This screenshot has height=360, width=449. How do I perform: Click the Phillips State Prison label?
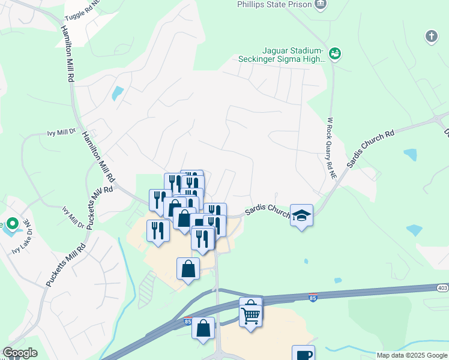[274, 5]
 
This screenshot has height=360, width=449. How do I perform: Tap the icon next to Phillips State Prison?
[321, 4]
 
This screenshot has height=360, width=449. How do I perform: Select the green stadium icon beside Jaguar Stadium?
[336, 54]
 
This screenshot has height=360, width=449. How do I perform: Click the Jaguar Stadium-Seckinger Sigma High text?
[282, 55]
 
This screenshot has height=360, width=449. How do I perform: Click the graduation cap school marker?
[301, 215]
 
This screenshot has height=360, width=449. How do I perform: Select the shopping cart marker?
[251, 313]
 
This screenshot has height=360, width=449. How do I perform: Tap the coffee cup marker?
[303, 353]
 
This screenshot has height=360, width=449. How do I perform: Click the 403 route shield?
[442, 288]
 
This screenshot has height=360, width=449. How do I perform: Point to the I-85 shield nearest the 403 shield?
[312, 297]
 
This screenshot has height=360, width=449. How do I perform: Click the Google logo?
[19, 353]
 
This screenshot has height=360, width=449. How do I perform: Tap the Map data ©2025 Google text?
[411, 355]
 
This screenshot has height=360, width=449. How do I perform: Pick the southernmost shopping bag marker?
[203, 328]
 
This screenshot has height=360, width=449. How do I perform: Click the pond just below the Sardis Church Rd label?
[410, 155]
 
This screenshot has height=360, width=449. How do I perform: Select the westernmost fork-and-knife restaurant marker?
[158, 231]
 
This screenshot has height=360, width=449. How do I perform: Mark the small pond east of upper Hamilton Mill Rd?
[118, 93]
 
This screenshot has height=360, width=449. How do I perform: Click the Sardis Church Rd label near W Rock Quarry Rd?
[370, 146]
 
